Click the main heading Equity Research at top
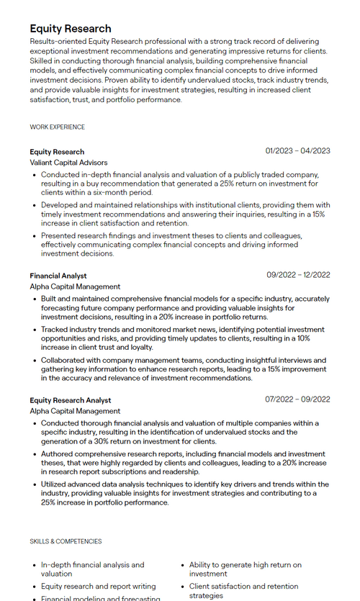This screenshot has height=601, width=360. click(71, 29)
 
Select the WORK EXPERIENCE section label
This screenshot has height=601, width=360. click(57, 127)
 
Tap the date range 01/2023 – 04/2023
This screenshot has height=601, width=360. click(297, 151)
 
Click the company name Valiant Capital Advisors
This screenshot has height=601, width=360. click(68, 163)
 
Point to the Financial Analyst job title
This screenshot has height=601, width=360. click(58, 276)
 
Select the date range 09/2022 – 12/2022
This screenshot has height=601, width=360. click(298, 275)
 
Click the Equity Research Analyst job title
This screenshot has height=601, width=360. click(71, 400)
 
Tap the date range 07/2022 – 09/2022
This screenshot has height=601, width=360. click(297, 399)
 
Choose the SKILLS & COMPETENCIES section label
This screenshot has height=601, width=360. click(66, 541)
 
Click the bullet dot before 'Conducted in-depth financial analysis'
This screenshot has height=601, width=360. click(35, 175)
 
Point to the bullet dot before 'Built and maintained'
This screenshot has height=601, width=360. click(35, 299)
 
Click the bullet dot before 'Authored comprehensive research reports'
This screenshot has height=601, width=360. click(35, 455)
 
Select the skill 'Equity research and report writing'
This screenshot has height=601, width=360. click(98, 587)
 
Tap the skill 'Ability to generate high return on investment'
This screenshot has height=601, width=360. click(245, 569)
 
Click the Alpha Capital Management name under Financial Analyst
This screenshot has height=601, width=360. click(75, 286)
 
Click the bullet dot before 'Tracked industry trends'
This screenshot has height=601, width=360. click(35, 330)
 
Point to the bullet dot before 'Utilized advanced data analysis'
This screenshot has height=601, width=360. click(35, 485)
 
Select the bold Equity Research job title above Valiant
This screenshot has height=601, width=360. click(57, 152)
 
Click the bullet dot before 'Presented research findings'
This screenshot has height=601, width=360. click(35, 236)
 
